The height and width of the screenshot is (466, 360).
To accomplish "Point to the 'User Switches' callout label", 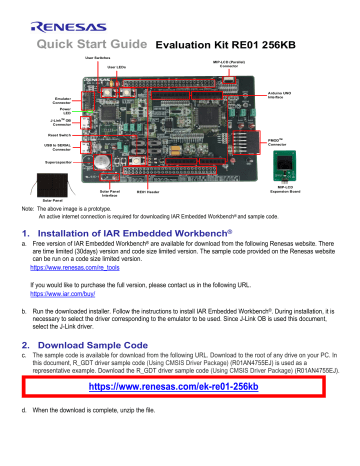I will pos(120,59).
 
